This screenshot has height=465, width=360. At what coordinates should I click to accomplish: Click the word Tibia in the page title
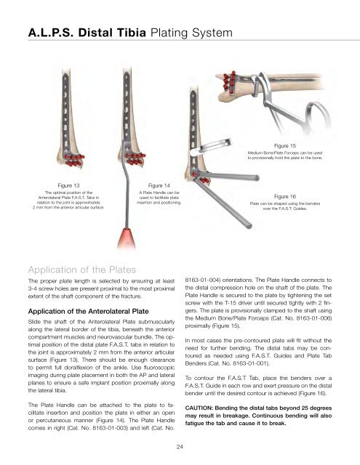(x=131, y=33)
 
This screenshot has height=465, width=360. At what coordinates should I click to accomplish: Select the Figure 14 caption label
(x=159, y=186)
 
